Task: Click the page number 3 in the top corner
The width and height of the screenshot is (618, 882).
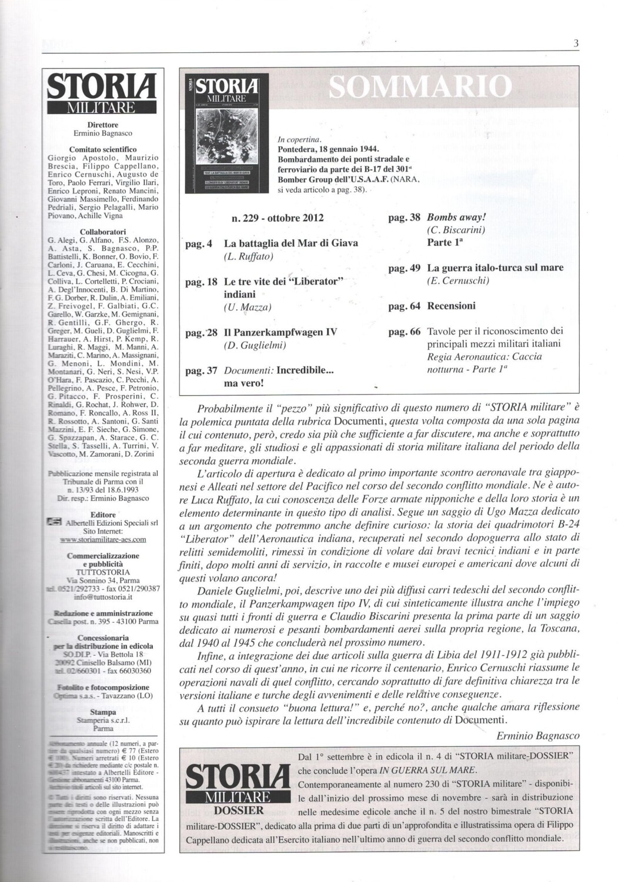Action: [x=577, y=43]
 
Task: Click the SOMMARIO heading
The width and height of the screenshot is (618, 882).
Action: [x=419, y=87]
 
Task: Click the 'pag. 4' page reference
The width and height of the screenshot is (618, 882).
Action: [x=199, y=243]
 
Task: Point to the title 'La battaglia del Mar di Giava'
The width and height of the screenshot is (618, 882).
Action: [x=291, y=243]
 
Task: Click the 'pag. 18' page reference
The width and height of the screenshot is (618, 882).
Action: [x=201, y=282]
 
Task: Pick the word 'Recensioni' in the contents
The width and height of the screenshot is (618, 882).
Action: [x=452, y=306]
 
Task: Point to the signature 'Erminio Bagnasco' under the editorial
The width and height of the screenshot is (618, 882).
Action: [x=537, y=736]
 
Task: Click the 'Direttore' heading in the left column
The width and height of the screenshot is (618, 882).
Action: [x=103, y=125]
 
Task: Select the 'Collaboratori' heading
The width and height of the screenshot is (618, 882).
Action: [x=103, y=232]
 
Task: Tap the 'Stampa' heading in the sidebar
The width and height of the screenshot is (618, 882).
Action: [x=103, y=711]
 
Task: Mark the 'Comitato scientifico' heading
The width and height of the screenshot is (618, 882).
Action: [x=103, y=149]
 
